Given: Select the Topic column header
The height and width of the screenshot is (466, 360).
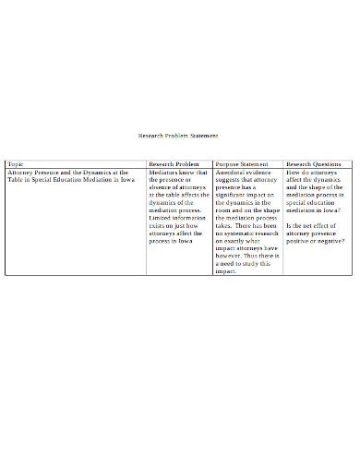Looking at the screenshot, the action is (17, 163).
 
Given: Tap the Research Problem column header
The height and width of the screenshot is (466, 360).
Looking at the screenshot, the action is (174, 163).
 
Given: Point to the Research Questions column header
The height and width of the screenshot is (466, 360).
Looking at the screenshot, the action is (313, 163).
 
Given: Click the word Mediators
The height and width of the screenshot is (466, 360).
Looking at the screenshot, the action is (164, 172).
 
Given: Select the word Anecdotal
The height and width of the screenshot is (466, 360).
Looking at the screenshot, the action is (230, 172).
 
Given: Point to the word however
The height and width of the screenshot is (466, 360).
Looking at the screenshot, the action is (230, 256).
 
